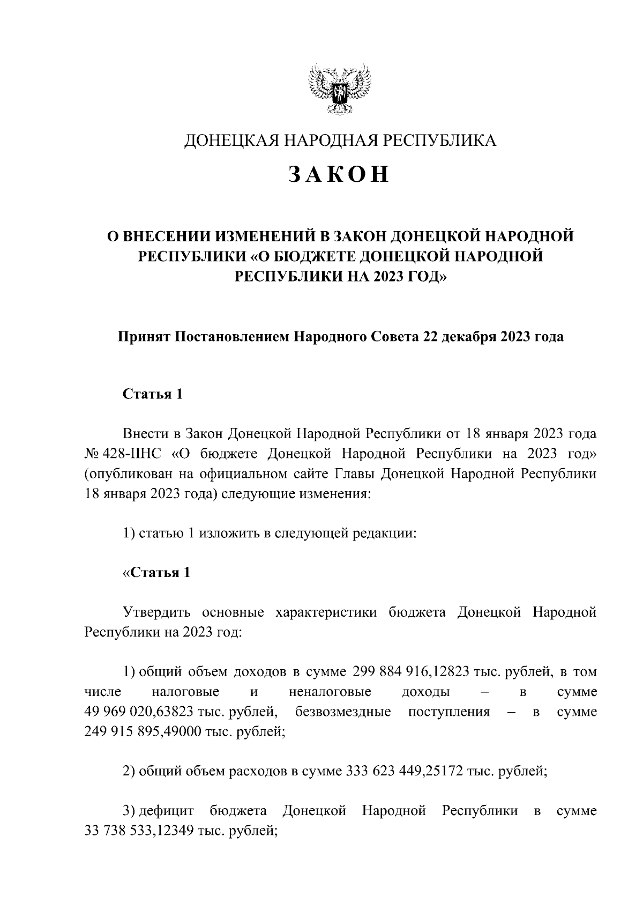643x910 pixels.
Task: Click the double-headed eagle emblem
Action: [340, 91]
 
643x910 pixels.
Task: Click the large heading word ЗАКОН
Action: [339, 175]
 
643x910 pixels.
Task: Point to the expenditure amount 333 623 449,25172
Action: [403, 772]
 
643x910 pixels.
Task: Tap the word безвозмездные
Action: [342, 712]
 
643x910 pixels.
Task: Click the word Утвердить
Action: [155, 612]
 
